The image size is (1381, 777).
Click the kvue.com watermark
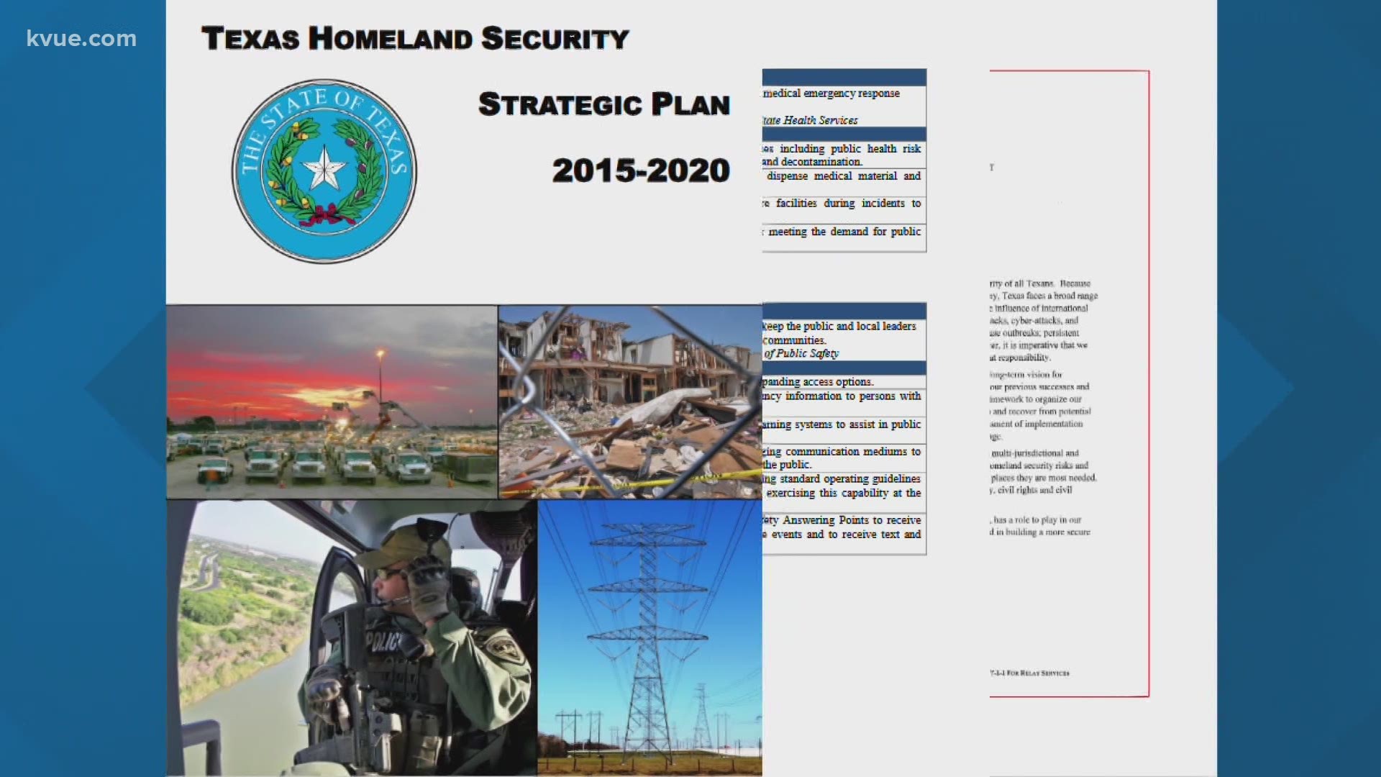pos(81,38)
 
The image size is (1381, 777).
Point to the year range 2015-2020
pos(641,171)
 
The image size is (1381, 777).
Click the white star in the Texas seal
pos(324,168)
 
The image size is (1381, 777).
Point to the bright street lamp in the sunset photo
pos(380,353)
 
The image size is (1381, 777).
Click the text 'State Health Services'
pos(811,120)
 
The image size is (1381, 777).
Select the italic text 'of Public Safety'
pos(801,353)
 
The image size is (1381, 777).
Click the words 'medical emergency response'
pos(831,94)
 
